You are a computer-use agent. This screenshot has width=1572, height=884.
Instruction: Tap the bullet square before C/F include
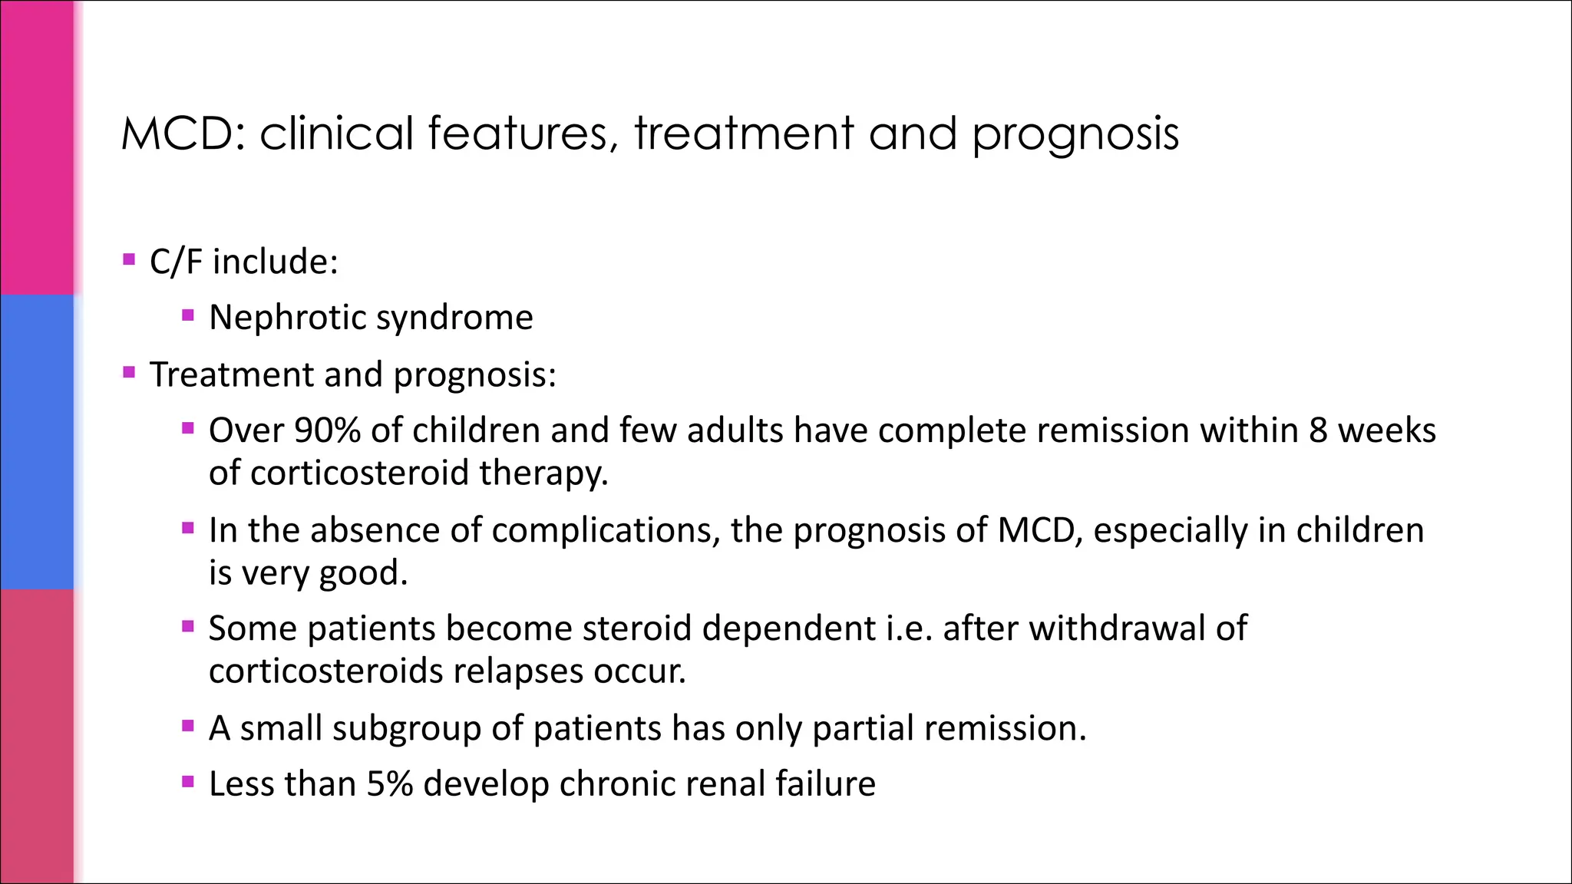(129, 259)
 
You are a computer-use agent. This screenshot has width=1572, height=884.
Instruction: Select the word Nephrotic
(287, 318)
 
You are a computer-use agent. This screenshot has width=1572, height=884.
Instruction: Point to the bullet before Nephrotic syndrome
(188, 315)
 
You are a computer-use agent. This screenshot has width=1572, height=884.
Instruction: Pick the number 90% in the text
(327, 430)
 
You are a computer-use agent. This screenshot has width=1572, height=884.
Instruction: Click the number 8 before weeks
(1318, 430)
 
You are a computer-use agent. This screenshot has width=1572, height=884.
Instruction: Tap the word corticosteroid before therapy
(358, 473)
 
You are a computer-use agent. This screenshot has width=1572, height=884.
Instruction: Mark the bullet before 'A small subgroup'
(188, 725)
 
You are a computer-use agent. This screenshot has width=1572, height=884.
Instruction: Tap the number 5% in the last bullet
(389, 784)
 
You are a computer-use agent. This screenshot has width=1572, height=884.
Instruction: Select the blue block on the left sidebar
(37, 441)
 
